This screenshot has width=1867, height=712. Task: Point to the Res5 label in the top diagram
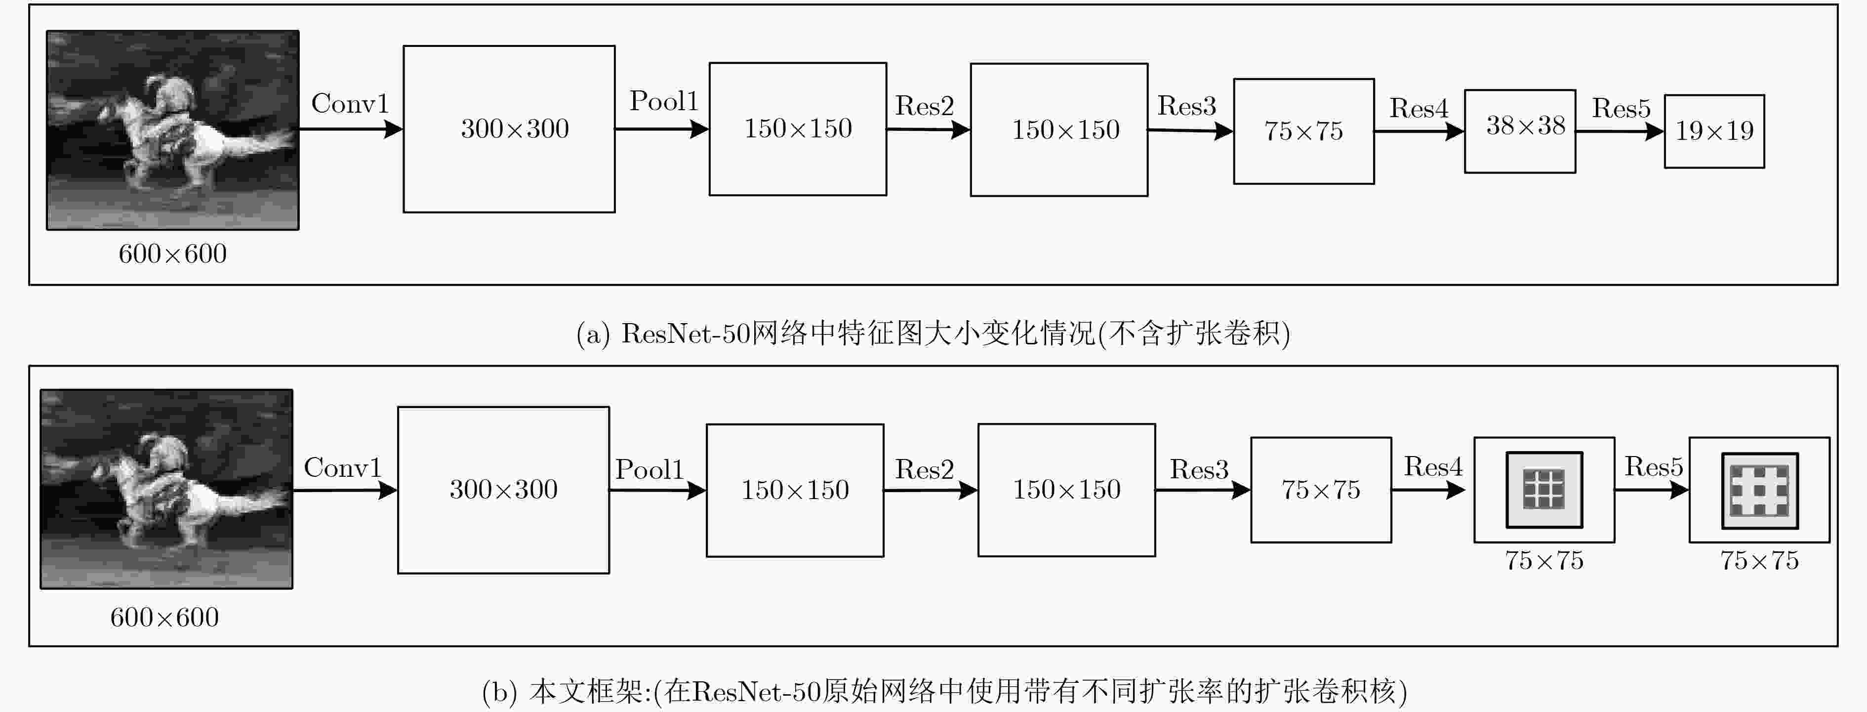(1621, 109)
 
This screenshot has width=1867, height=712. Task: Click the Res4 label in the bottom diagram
(1433, 467)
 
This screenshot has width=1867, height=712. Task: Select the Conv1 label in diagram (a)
(350, 104)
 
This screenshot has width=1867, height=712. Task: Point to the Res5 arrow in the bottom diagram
(1652, 490)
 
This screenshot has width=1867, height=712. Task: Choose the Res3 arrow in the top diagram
(1190, 130)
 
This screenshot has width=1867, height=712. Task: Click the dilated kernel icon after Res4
(1544, 490)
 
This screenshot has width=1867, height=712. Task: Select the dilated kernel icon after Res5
(1760, 490)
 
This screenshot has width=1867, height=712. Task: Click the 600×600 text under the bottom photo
(164, 618)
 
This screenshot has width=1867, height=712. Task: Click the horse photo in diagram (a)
(172, 130)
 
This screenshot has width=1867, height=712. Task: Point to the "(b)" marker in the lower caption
(500, 692)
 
